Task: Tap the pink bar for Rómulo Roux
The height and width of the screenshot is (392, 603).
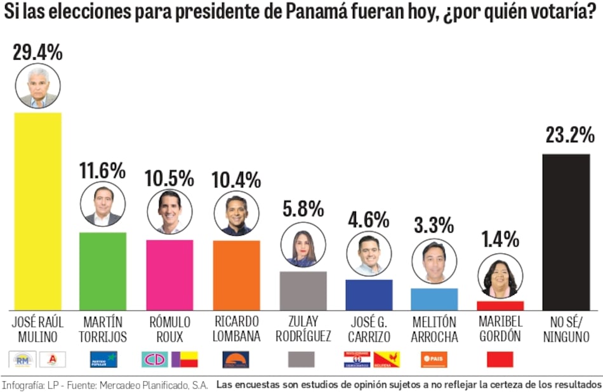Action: [x=169, y=274]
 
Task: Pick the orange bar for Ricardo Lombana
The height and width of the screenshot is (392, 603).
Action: [x=237, y=274]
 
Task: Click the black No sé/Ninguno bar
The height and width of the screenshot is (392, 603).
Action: [x=566, y=232]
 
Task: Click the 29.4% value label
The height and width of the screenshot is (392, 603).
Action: [x=37, y=52]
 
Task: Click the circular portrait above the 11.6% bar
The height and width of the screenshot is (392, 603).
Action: [x=102, y=204]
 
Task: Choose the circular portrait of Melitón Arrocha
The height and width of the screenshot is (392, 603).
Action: [x=434, y=262]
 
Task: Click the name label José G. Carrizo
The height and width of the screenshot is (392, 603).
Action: [x=368, y=328]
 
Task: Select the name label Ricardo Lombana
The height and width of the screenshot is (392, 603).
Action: [x=237, y=328]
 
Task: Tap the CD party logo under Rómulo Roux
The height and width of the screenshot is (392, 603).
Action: [x=154, y=360]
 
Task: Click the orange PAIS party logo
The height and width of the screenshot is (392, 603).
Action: [x=434, y=360]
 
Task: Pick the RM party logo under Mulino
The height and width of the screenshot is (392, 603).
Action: [x=23, y=360]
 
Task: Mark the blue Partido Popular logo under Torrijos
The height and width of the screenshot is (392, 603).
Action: [x=102, y=360]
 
